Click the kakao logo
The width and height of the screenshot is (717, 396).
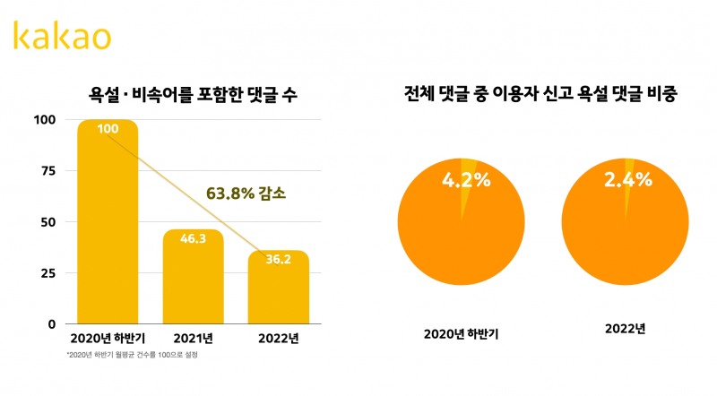62,36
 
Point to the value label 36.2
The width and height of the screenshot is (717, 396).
278,260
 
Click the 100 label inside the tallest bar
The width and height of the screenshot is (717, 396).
108,129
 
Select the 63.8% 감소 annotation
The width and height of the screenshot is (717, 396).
246,193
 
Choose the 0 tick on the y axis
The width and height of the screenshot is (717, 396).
50,323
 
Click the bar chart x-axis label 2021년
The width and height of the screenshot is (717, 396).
193,340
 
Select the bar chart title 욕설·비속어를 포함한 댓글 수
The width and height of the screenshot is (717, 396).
193,92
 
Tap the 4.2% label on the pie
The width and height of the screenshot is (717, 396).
466,179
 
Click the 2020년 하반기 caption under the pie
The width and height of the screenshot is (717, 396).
460,334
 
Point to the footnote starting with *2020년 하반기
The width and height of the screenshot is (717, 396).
132,356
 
